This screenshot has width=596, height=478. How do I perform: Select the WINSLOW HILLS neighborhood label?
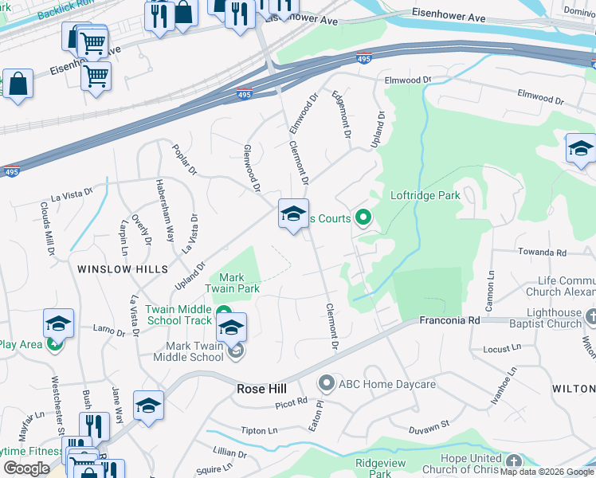[x=123, y=269]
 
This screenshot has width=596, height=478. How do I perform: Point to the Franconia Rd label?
[x=451, y=319]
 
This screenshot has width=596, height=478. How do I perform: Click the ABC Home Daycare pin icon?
[x=326, y=384]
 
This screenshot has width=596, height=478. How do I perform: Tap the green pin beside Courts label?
[x=363, y=217]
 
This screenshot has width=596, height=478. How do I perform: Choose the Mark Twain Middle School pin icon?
[x=235, y=351]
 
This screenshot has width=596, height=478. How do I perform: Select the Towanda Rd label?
[x=541, y=253]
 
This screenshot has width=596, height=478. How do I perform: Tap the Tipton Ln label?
[x=261, y=430]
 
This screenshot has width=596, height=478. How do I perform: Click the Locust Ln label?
[x=502, y=349]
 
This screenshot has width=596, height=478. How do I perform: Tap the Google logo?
[x=26, y=468]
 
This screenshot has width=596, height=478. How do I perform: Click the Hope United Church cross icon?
[x=514, y=461]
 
